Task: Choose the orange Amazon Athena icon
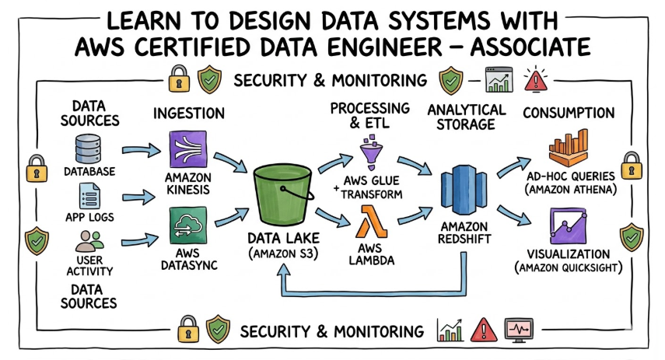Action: coord(571,145)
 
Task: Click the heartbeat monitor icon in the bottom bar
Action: coord(519,330)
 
